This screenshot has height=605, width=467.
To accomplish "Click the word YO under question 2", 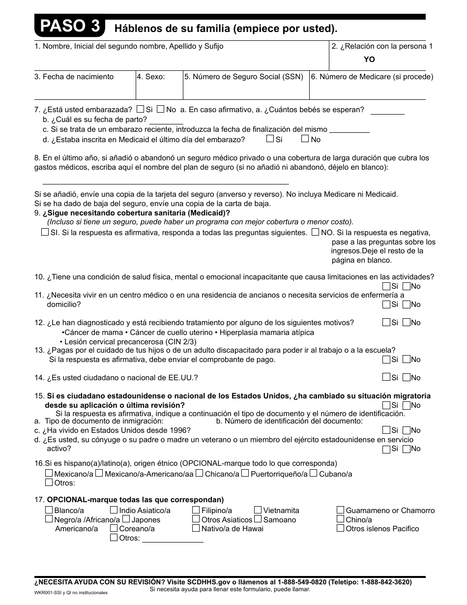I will (x=369, y=59).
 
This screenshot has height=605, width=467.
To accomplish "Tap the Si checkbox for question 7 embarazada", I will (x=141, y=109).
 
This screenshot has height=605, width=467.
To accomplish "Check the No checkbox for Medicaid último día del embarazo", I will (x=305, y=139).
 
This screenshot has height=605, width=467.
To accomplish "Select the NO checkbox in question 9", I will (x=316, y=232).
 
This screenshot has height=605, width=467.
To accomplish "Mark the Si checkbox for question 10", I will (x=386, y=286).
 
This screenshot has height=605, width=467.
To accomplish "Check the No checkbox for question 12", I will (x=407, y=322).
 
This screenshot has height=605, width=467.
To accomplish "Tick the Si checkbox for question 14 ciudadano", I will (x=386, y=377).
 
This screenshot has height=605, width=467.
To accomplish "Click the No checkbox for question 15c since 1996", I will (x=407, y=430).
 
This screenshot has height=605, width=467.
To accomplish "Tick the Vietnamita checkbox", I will (x=258, y=510).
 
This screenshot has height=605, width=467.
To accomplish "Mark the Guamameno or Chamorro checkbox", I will (x=341, y=510).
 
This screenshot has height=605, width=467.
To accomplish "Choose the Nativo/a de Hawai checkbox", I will (x=196, y=528).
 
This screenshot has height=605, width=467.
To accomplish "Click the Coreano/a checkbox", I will (x=114, y=528).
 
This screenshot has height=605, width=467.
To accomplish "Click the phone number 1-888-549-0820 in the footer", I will (x=300, y=582).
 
